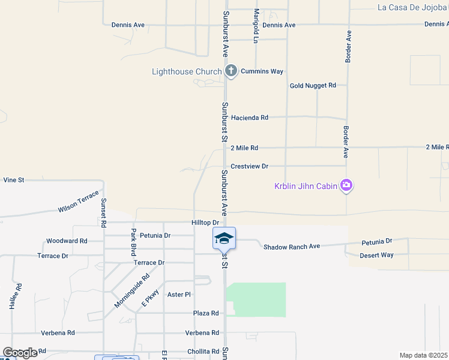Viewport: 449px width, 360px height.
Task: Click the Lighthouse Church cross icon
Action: tap(231, 71)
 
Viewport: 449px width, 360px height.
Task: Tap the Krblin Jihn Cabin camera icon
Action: tap(346, 185)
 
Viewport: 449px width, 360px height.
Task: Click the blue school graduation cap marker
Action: tap(224, 238)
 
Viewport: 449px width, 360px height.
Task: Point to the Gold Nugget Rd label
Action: tap(313, 86)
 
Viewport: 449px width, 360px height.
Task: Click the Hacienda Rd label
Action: tap(250, 118)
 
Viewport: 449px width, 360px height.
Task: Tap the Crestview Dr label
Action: tap(249, 166)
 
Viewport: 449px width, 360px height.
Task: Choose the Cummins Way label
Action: tap(262, 71)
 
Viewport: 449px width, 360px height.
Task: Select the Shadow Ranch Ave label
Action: tap(292, 247)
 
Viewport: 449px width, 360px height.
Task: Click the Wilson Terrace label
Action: tap(78, 204)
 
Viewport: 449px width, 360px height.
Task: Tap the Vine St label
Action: tap(13, 179)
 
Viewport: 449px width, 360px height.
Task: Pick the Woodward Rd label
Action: tap(67, 241)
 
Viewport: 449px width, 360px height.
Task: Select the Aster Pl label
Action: tap(179, 295)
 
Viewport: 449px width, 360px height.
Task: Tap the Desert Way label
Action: tap(376, 256)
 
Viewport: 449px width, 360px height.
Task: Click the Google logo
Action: tap(19, 353)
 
